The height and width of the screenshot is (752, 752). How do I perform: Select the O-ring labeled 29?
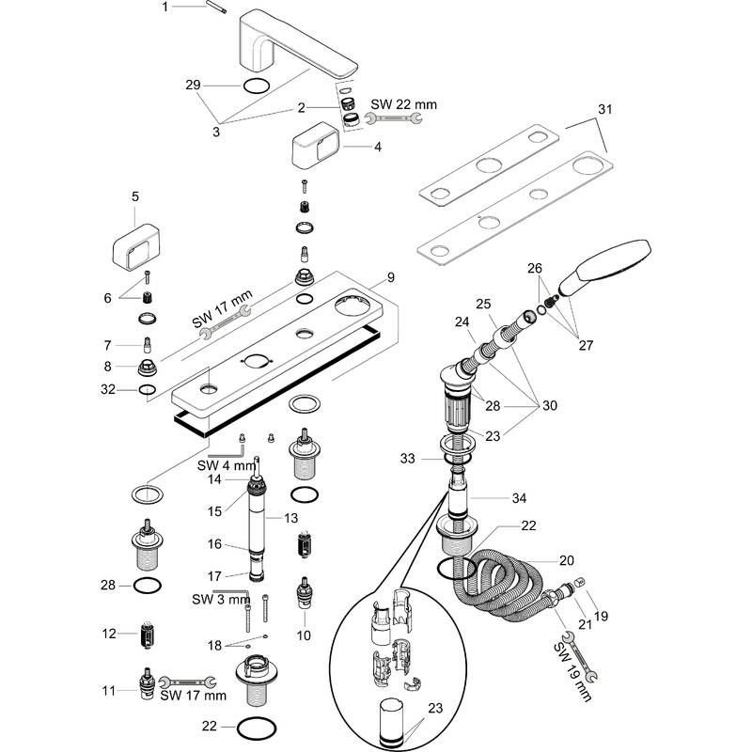(x=256, y=86)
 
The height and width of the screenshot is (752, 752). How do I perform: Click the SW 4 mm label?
(x=225, y=463)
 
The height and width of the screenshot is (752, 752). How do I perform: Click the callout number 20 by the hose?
(x=566, y=559)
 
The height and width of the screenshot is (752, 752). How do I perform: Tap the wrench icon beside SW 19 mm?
(x=583, y=666)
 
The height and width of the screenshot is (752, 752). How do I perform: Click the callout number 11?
(x=109, y=691)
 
